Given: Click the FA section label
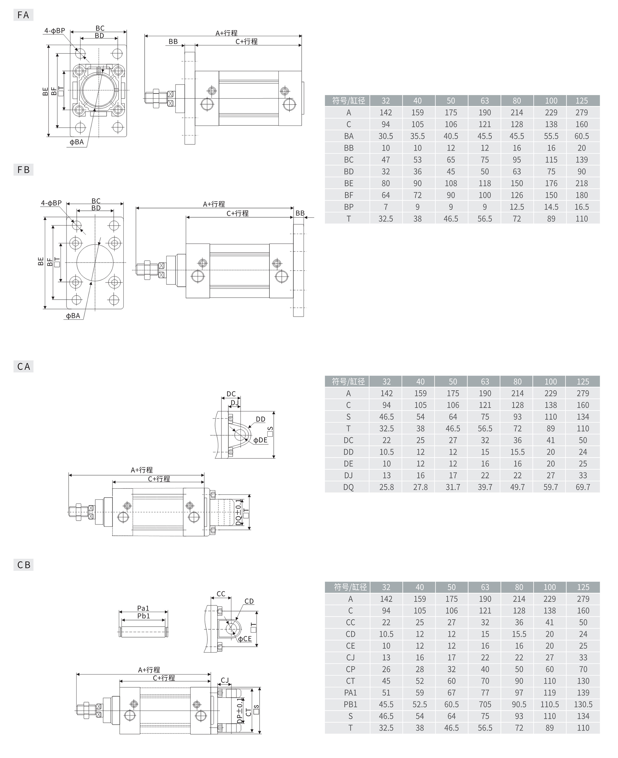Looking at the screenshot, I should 23,15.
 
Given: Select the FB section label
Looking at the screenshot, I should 23,169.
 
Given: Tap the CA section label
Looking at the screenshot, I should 23,366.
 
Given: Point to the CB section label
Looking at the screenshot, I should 23,564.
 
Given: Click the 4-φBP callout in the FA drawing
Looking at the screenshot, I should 54,31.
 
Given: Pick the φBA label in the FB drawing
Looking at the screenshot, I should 73,316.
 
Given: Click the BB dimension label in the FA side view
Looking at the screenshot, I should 173,42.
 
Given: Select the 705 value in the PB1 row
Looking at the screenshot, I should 485,704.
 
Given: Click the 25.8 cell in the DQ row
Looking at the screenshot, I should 386,487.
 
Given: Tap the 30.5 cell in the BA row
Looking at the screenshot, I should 386,136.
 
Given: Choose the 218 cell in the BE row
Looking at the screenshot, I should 581,183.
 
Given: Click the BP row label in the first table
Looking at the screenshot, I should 349,207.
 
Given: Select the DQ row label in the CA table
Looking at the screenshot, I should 348,487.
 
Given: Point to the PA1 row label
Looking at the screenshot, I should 350,692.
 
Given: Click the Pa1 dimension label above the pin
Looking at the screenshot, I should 143,608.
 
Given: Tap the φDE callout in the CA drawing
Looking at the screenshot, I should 260,440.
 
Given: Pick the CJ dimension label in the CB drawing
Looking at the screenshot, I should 225,680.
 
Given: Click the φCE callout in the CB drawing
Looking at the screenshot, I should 244,639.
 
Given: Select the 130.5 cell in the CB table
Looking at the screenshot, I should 583,704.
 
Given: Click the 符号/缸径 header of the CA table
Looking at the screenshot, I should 348,381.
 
